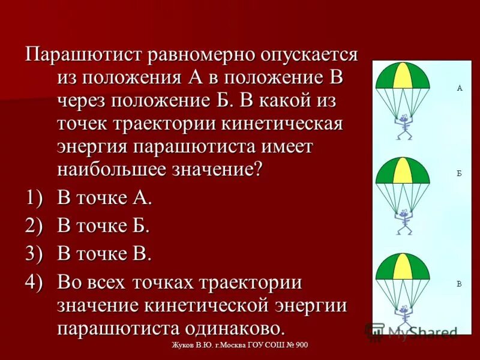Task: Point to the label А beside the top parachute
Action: coord(460,88)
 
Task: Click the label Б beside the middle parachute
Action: coord(460,173)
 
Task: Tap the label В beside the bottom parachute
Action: coord(460,283)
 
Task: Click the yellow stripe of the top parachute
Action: coord(403,74)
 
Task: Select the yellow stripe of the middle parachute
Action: coord(403,170)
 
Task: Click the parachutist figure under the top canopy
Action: coord(403,126)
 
